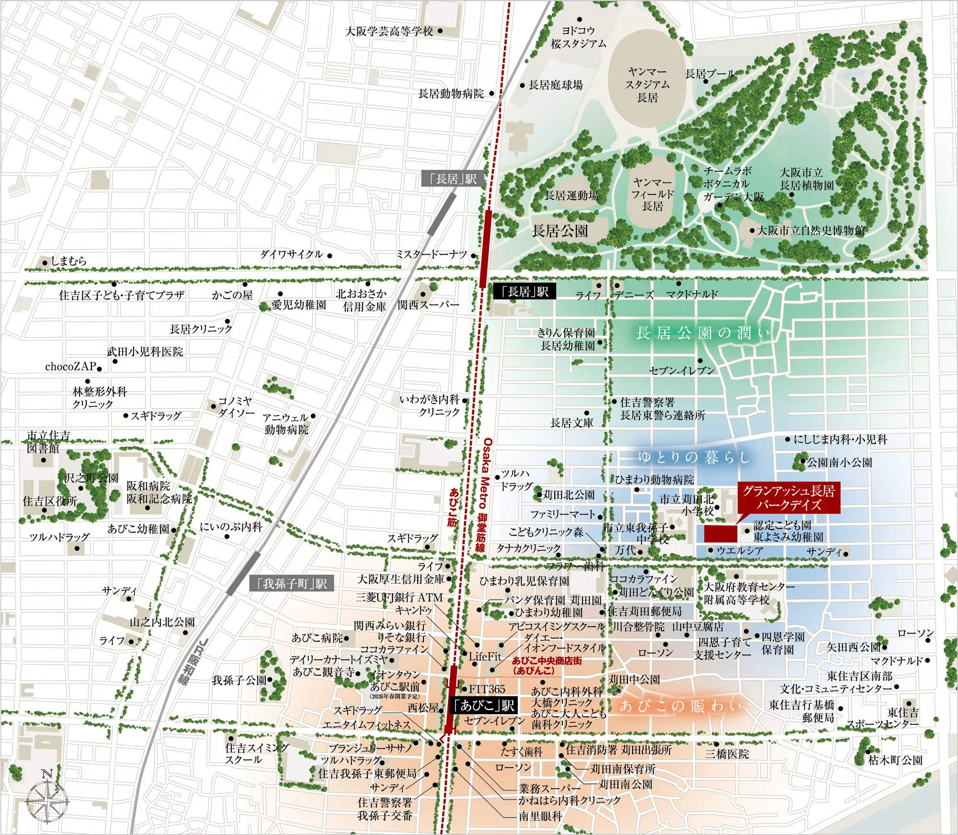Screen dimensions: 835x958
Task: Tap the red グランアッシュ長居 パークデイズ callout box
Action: (788, 497)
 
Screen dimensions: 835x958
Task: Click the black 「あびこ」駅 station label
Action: (483, 705)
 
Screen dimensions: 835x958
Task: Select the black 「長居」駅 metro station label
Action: (525, 292)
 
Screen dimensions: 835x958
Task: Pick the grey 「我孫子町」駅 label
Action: (292, 583)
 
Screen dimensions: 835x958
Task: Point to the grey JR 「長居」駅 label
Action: (453, 179)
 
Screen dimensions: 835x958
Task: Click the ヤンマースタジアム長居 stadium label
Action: (647, 85)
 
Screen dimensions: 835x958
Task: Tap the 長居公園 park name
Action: (559, 231)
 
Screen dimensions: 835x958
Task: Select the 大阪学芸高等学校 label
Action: (389, 32)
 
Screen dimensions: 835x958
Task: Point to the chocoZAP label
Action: (70, 367)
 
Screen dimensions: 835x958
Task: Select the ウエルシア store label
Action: (740, 551)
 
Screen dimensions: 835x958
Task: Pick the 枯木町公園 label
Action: (895, 760)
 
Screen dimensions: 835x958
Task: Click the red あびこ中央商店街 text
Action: (546, 665)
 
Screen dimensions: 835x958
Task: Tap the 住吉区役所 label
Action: (50, 501)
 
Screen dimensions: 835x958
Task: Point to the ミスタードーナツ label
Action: (431, 255)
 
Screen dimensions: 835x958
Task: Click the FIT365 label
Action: (486, 689)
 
